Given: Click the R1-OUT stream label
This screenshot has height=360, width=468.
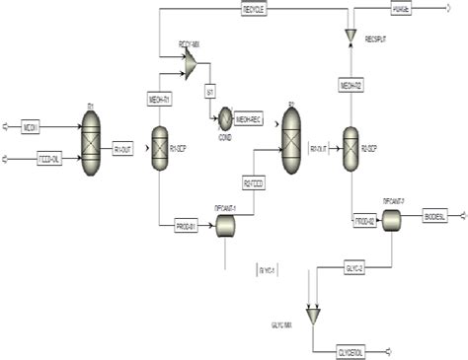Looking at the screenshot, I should (x=124, y=149).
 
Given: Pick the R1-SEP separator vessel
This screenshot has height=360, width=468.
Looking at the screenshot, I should (x=157, y=149).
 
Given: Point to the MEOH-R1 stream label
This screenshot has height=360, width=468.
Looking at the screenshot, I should (x=159, y=100).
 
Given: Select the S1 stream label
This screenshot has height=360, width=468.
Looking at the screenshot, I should (x=210, y=92).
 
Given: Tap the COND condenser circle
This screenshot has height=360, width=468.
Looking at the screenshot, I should (x=224, y=115).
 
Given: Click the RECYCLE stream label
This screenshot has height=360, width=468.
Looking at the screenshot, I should (x=255, y=11).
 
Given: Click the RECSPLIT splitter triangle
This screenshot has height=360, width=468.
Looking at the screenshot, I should (x=350, y=36).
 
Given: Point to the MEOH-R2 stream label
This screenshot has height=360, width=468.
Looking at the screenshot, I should (x=351, y=84).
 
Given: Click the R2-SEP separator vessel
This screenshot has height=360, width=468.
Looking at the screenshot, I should (x=350, y=147).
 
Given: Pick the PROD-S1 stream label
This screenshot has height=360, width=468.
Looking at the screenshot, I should (x=186, y=227).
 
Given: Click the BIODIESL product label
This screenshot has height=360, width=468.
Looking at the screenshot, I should (x=434, y=215).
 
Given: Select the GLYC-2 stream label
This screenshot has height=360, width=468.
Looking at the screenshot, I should (x=354, y=266).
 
